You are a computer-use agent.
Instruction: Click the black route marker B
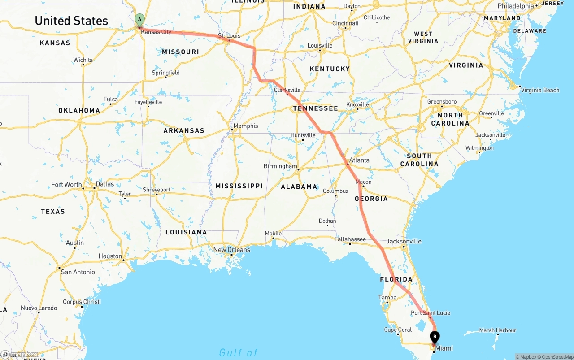pyautogui.click(x=435, y=337)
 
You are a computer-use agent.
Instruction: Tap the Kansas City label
pyautogui.click(x=156, y=32)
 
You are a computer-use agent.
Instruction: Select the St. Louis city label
pyautogui.click(x=229, y=35)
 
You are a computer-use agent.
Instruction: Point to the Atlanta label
pyautogui.click(x=359, y=160)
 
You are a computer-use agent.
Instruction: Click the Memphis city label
pyautogui.click(x=246, y=126)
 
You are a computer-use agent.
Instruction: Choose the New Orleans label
pyautogui.click(x=231, y=250)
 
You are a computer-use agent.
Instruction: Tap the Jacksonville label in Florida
pyautogui.click(x=404, y=241)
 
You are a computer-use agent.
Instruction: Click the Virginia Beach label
pyautogui.click(x=540, y=90)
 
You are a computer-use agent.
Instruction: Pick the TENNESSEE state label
pyautogui.click(x=315, y=108)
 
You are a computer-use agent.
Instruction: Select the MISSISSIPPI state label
pyautogui.click(x=239, y=186)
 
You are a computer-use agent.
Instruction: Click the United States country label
pyautogui.click(x=71, y=21)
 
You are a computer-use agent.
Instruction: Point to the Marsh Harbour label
pyautogui.click(x=497, y=330)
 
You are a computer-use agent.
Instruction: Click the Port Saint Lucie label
pyautogui.click(x=430, y=313)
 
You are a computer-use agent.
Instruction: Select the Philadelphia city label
pyautogui.click(x=516, y=6)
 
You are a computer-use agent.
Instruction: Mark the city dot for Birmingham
pyautogui.click(x=298, y=169)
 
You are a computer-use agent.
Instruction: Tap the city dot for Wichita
pyautogui.click(x=83, y=65)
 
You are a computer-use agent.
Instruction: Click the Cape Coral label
pyautogui.click(x=398, y=330)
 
